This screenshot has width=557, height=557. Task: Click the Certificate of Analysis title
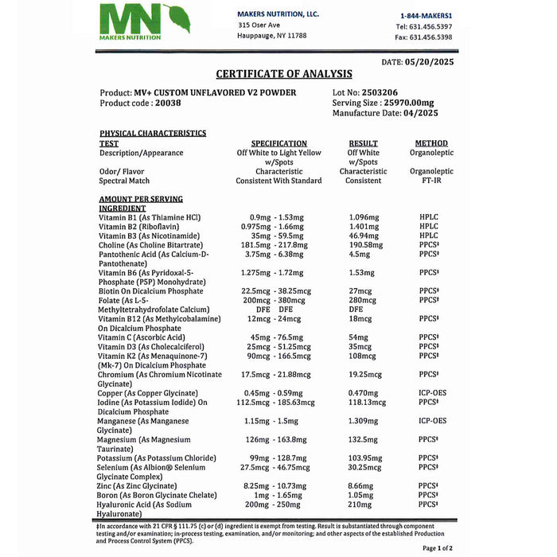284,74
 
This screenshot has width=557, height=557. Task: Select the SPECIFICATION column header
278,143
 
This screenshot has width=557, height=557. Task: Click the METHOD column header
431,143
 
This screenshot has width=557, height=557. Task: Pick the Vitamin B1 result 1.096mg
366,217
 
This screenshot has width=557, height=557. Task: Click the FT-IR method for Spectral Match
431,181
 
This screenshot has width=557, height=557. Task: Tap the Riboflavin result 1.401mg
366,227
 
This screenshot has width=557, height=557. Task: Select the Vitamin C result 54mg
359,337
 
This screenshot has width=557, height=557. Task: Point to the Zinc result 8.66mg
361,485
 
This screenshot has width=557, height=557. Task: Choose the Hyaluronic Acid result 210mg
360,504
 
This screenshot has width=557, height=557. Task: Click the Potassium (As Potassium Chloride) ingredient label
156,458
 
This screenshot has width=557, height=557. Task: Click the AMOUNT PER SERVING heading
140,199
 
